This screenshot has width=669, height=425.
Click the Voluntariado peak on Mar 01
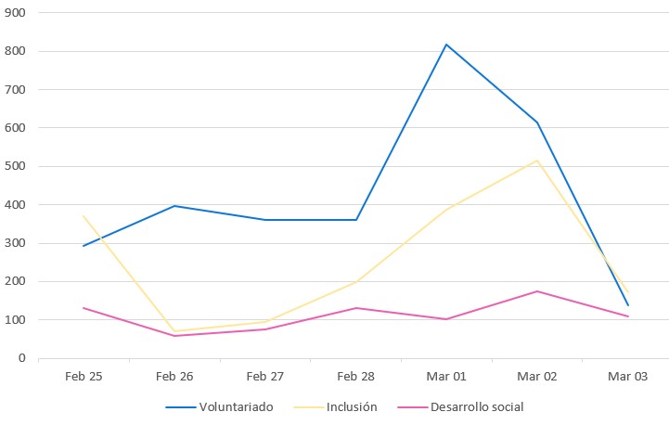point(446,45)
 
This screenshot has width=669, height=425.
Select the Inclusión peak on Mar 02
point(537,161)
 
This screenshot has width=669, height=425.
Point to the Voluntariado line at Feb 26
point(174,206)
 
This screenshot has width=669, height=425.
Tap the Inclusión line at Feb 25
point(83,215)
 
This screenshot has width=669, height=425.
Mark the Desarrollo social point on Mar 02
point(537,291)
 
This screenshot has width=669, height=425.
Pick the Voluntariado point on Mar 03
point(628,305)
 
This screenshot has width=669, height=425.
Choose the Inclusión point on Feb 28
point(355,282)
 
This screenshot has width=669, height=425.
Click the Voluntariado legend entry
point(219,406)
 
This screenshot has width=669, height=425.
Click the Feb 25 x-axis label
point(83,376)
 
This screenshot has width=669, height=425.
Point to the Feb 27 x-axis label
point(264,376)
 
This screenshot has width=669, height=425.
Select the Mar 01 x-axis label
point(446,376)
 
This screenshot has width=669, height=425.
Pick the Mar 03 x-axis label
point(628,376)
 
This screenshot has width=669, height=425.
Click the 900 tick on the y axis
point(16,13)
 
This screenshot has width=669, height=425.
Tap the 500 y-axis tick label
point(16,166)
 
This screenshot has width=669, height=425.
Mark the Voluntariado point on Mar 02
point(537,122)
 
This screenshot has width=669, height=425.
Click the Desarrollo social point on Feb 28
point(355,308)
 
